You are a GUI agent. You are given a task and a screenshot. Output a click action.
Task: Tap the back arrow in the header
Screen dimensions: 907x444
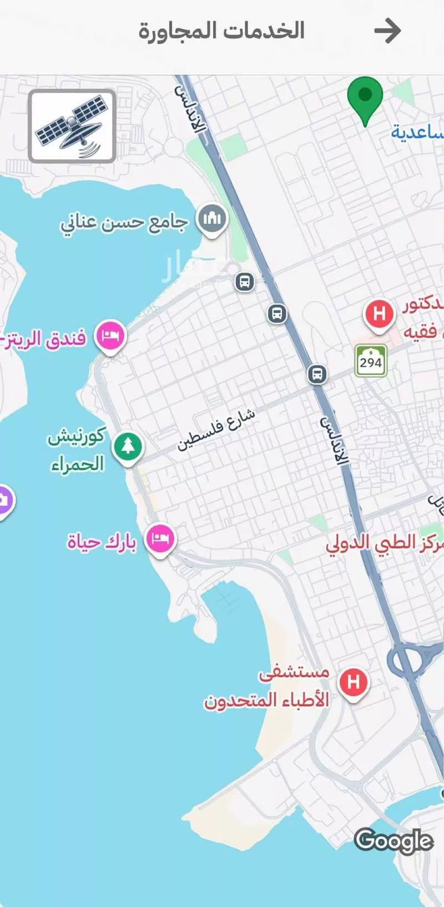[387, 31]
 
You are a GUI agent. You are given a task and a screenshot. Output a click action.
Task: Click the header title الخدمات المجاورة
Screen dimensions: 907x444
[221, 31]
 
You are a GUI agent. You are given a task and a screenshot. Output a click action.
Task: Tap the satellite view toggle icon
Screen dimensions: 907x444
[72, 127]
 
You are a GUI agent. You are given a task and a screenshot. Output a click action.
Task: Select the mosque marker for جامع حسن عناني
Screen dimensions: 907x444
[212, 219]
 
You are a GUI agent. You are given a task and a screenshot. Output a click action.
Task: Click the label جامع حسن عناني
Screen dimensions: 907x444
[124, 223]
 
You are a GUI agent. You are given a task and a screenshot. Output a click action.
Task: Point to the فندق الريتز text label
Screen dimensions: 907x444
[44, 337]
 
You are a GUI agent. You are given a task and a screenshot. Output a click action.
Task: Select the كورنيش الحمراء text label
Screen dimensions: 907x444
[76, 450]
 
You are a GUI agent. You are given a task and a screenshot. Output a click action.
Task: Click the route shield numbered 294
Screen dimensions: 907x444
[371, 362]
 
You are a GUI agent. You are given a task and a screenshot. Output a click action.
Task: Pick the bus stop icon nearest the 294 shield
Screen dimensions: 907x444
[317, 374]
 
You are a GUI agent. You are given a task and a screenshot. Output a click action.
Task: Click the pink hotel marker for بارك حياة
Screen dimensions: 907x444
[160, 539]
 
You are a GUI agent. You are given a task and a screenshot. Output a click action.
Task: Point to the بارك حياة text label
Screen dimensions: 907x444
[102, 541]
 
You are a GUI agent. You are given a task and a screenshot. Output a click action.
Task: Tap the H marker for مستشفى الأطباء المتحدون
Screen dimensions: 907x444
[354, 682]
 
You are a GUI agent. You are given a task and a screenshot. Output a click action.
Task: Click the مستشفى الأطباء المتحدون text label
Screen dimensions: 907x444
[267, 687]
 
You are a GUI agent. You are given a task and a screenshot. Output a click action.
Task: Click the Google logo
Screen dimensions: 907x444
[393, 840]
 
